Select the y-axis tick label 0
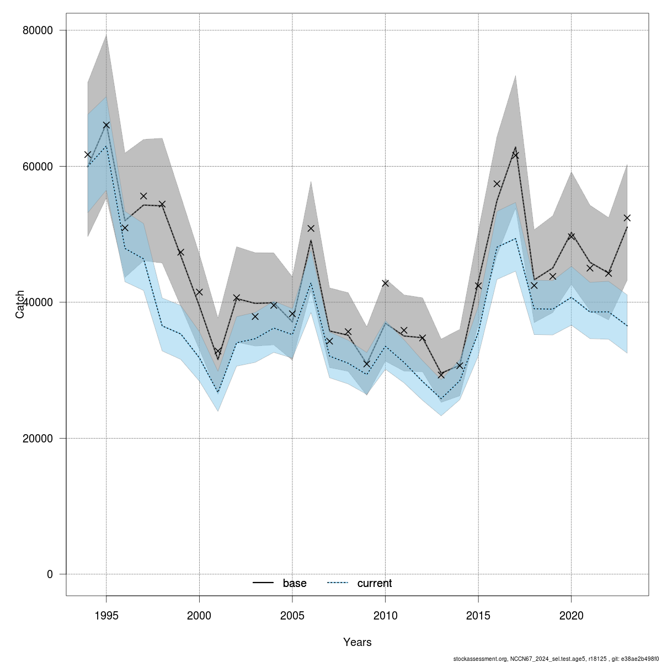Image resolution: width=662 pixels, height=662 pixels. [50, 574]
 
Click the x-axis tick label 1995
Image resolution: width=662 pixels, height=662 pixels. [106, 615]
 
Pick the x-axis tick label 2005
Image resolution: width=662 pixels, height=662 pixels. [292, 615]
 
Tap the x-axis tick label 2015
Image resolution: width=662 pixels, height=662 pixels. [478, 615]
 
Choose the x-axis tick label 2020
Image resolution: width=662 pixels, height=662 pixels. [571, 615]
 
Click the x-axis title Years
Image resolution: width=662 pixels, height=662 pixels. [357, 642]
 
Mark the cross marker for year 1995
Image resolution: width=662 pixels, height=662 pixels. [106, 125]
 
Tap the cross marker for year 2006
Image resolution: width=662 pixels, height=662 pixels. [311, 228]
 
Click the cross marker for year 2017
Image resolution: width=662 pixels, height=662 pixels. [515, 155]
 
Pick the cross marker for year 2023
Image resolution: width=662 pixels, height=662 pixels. [627, 218]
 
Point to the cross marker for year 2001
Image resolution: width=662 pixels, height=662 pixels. [218, 351]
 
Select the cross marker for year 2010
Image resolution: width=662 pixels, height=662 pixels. [385, 283]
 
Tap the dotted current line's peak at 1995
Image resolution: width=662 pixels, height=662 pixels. [106, 146]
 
